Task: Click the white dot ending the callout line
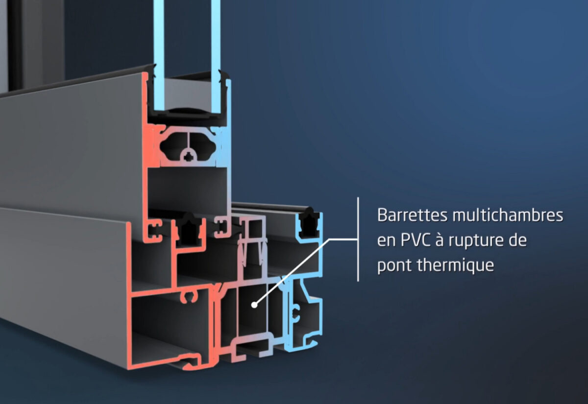click(254, 305)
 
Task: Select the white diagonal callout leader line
click(294, 269)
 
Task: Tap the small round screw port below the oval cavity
click(188, 157)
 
